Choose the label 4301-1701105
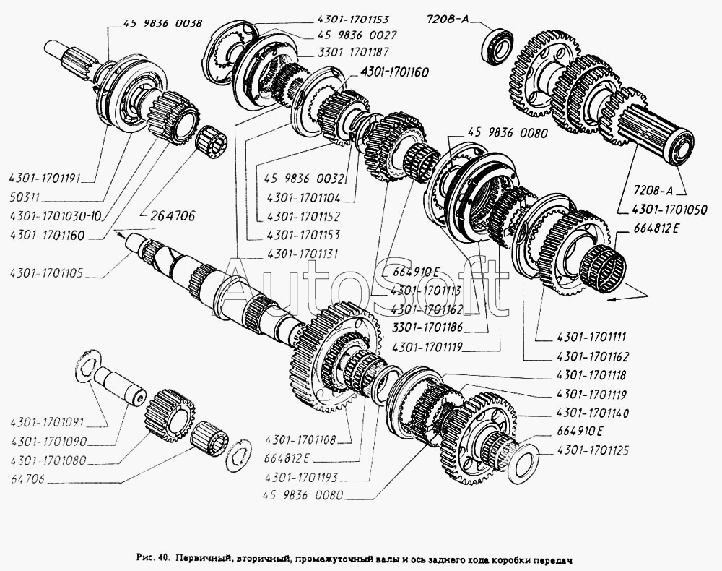coord(48,272)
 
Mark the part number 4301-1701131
coord(305,254)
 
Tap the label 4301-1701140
coord(593,413)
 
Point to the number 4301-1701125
coord(593,450)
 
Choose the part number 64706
coord(26,478)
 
